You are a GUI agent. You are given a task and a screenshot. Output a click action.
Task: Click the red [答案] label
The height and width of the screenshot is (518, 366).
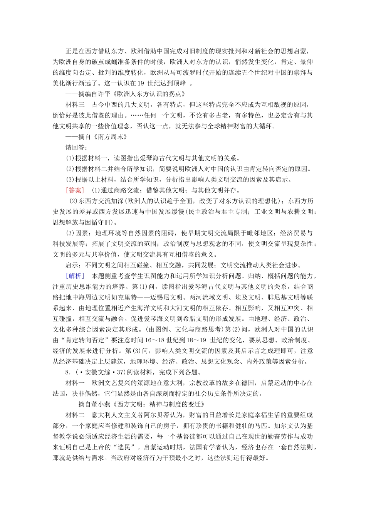(x=74, y=190)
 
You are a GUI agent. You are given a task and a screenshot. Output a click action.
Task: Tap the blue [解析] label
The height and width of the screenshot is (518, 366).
(x=74, y=276)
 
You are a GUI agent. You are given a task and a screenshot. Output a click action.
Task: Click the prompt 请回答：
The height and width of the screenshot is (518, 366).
(x=77, y=147)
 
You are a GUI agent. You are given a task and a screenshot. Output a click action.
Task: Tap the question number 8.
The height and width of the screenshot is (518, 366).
(x=68, y=372)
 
